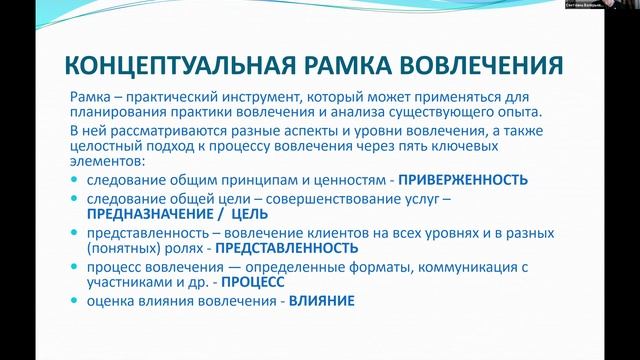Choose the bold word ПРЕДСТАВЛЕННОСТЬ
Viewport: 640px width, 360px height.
click(287, 248)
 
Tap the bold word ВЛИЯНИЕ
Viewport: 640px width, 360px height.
click(322, 300)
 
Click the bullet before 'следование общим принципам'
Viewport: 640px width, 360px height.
click(77, 181)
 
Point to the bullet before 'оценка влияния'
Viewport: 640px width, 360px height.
click(77, 301)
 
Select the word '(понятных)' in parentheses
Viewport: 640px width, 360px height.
click(122, 248)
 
